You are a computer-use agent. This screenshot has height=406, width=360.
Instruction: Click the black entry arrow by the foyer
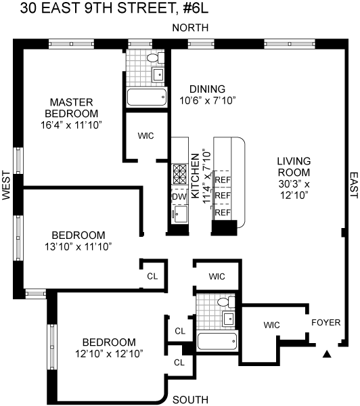pos(327,354)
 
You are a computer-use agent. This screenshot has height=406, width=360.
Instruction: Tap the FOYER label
pos(325,323)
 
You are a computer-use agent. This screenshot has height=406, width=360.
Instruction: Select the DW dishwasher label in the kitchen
pos(179,197)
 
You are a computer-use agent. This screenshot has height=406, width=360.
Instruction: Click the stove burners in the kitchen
pos(180,174)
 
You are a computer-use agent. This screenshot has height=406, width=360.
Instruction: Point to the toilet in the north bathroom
pos(156,58)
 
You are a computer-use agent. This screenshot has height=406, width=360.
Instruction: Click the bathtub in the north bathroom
pos(147,97)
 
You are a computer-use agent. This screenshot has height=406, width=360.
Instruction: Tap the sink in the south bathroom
pos(229,319)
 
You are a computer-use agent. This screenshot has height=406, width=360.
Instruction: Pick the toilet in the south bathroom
pos(227,302)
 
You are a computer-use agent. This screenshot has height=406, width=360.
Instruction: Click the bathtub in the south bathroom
pos(217,341)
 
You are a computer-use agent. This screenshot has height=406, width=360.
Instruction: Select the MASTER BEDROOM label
pos(72,108)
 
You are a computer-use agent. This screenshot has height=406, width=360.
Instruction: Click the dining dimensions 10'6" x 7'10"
pos(208,100)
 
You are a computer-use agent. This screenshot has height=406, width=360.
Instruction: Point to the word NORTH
pos(190,28)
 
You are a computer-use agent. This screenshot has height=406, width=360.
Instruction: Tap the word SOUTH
pos(190,400)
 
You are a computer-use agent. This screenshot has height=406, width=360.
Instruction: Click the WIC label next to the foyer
pos(271,325)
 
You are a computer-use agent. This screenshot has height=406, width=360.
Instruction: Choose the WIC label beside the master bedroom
pos(145,136)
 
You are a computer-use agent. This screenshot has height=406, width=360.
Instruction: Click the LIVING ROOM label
pos(294,166)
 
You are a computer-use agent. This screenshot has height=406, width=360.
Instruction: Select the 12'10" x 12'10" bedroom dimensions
pos(109,354)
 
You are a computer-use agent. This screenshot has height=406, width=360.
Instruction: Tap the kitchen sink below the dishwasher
pos(180,215)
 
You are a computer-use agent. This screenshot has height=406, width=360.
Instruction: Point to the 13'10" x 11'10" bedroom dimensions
pos(78,246)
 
